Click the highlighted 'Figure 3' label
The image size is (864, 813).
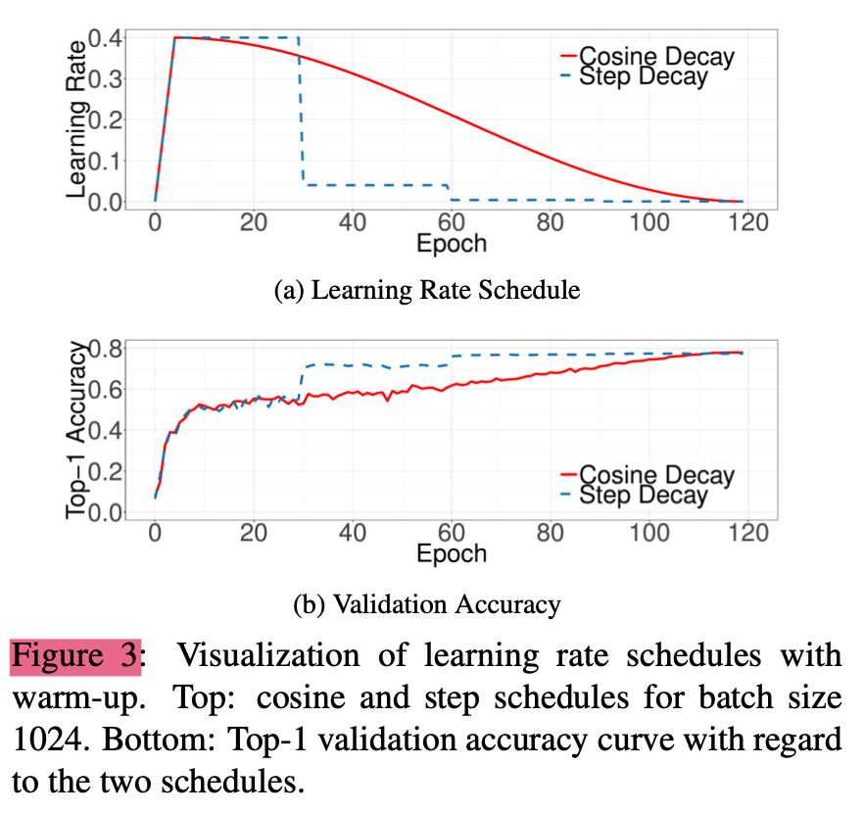click(x=76, y=655)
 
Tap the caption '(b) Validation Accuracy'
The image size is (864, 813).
click(x=427, y=603)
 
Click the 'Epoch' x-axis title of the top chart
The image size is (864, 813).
click(x=451, y=242)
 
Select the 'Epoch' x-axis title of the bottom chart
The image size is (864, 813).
click(x=451, y=553)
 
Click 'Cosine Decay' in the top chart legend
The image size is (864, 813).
click(x=656, y=55)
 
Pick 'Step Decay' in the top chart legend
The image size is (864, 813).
click(x=643, y=76)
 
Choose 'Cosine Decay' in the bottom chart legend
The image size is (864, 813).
click(x=656, y=476)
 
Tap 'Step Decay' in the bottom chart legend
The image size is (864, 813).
click(x=643, y=496)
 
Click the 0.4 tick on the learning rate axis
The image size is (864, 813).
click(x=103, y=39)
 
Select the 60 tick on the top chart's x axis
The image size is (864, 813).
click(x=451, y=222)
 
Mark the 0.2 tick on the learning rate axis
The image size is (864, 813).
click(x=103, y=120)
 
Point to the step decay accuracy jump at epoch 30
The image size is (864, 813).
click(x=302, y=382)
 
